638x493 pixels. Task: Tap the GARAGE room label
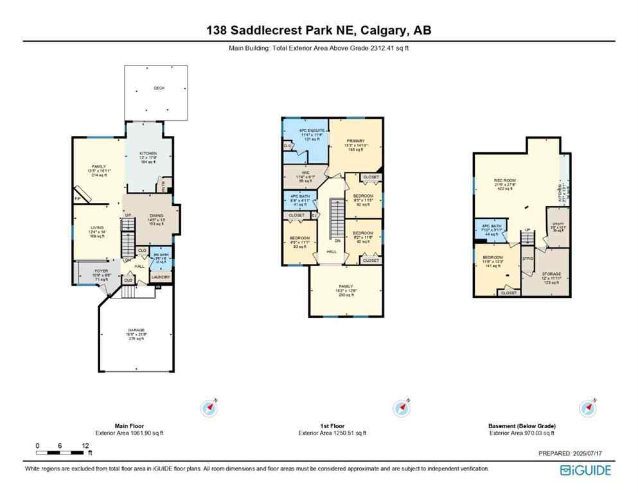(136, 330)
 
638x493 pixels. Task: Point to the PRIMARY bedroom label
(355, 141)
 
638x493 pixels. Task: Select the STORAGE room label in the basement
(551, 273)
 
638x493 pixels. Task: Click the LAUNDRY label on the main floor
(161, 277)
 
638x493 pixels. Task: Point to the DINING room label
(156, 216)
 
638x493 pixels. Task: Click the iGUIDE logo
(586, 470)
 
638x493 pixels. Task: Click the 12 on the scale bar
(85, 445)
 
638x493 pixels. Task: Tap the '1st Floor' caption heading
(332, 426)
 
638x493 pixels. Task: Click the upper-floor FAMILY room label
(346, 286)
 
